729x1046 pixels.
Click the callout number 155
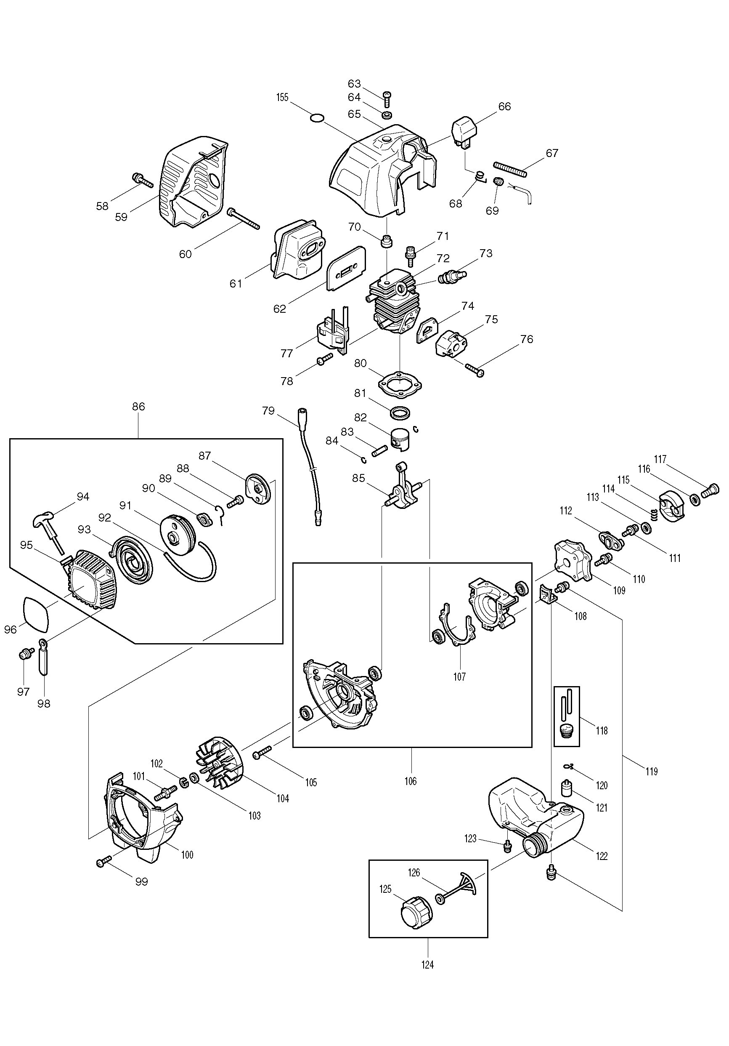pyautogui.click(x=282, y=98)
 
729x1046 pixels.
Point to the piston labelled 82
pyautogui.click(x=401, y=440)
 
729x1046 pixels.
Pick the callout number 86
pyautogui.click(x=138, y=406)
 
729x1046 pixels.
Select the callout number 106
pyautogui.click(x=410, y=781)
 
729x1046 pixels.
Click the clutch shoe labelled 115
pyautogui.click(x=673, y=505)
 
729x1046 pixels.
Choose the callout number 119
pyautogui.click(x=652, y=771)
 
